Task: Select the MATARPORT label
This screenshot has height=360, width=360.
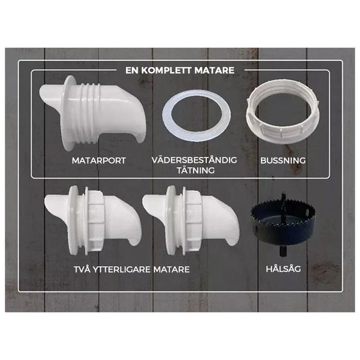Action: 98,159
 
